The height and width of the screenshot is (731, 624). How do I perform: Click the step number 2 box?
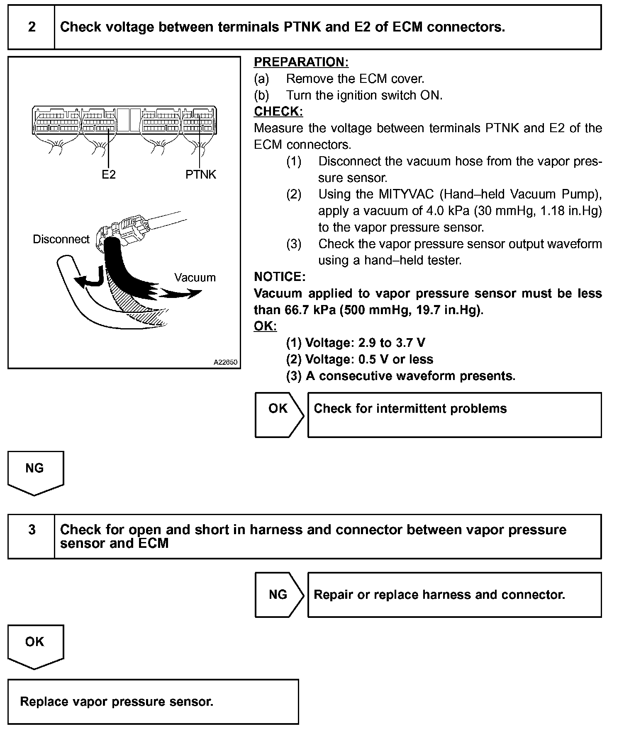point(32,27)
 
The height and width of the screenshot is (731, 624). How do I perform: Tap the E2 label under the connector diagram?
point(109,174)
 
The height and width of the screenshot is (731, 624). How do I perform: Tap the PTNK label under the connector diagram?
point(201,174)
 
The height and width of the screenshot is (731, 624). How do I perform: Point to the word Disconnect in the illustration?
point(61,239)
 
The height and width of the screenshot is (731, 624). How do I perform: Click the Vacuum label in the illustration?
point(195,277)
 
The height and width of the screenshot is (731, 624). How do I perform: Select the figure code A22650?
point(225,362)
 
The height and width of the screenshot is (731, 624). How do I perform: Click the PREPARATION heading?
point(301,62)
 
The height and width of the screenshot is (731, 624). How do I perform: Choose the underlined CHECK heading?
point(278,111)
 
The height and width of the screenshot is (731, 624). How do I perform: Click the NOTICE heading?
point(280,277)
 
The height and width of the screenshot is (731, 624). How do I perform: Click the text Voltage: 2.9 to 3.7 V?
point(365,343)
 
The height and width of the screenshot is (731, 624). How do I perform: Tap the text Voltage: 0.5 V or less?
point(369,359)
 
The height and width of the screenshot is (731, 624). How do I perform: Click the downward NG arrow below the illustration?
point(35,472)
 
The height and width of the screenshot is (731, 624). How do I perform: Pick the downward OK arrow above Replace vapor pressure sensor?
point(35,646)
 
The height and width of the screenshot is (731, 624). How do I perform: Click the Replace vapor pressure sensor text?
point(117,701)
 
